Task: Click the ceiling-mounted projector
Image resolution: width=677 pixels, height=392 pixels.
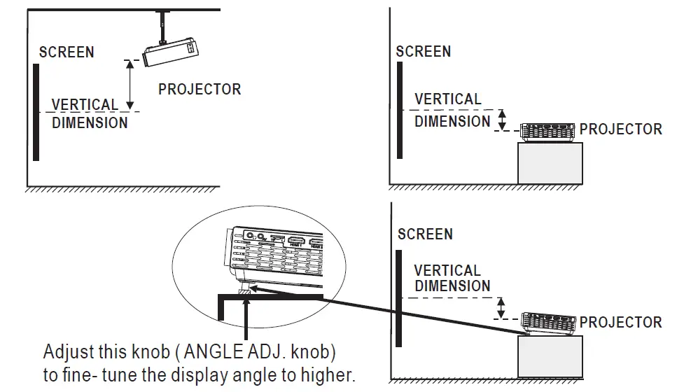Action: (x=172, y=55)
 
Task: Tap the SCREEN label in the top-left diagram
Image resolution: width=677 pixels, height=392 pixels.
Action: (x=67, y=52)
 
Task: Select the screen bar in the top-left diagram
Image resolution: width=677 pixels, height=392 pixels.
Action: (x=36, y=112)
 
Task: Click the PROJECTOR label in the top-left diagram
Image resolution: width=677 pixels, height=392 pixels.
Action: (x=200, y=90)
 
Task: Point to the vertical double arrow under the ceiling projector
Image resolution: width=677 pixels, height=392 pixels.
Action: (x=129, y=84)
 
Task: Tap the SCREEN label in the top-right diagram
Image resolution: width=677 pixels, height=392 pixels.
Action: (x=423, y=52)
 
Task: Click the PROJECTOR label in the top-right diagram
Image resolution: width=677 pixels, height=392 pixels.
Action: (x=620, y=129)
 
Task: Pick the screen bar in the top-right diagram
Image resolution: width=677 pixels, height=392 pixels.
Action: (x=399, y=110)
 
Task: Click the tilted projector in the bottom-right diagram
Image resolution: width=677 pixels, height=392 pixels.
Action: (x=550, y=323)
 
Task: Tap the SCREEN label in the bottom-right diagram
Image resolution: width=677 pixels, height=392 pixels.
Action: (x=425, y=234)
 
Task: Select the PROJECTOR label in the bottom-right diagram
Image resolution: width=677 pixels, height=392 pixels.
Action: (x=620, y=323)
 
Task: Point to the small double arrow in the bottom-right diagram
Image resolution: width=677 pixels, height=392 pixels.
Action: (x=501, y=307)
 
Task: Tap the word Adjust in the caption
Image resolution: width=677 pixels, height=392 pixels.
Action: (x=65, y=350)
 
